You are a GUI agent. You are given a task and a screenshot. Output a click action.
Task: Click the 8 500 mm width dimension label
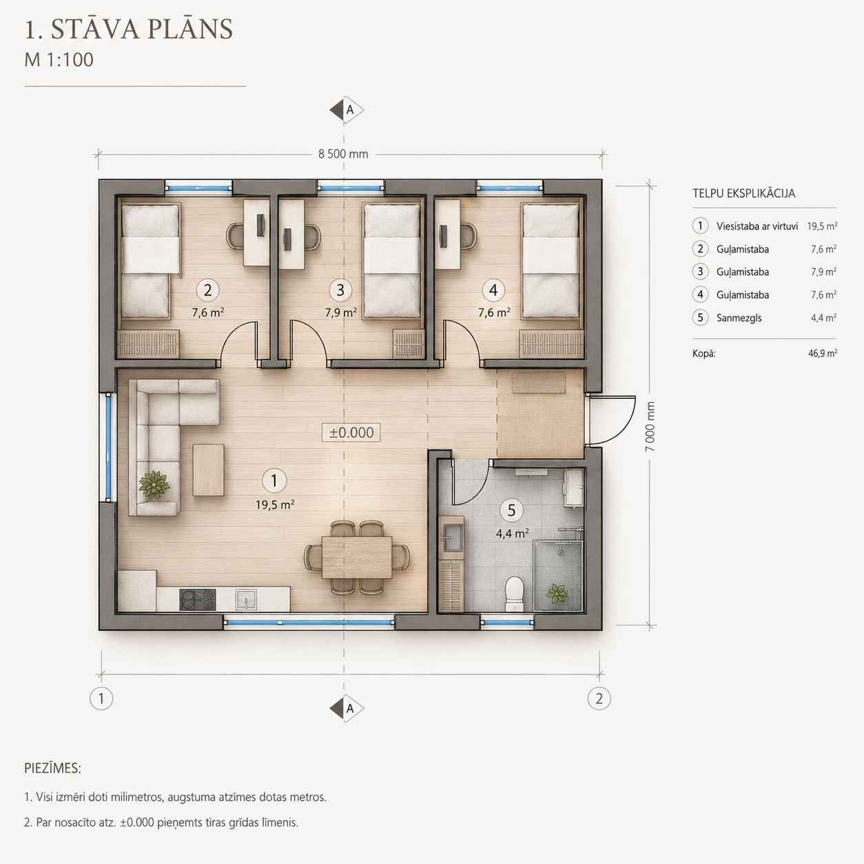coord(343,154)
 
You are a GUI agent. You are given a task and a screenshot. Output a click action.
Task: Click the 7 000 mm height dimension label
coord(650,426)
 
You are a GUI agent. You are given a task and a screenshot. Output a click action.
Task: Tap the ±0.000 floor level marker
coord(351,432)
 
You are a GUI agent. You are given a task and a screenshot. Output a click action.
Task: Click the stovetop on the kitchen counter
coord(197,599)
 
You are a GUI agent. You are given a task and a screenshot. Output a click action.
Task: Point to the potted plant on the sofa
coord(154,484)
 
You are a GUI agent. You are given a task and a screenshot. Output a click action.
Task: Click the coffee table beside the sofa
coord(209,470)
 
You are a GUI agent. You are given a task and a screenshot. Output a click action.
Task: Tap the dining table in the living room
coord(357,557)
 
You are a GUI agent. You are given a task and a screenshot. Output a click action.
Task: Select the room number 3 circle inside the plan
coord(340,290)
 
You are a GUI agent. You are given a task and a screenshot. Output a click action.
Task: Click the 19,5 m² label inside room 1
coord(275,505)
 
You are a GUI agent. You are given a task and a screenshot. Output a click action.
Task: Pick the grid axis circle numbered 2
coord(599,699)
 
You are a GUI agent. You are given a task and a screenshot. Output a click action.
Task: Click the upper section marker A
coord(347,110)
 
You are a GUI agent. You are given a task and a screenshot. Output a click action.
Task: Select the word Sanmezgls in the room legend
coord(739,318)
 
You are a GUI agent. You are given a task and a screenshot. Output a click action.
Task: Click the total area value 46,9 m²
coord(823,353)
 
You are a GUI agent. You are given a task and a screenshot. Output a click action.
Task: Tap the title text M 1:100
coord(59,60)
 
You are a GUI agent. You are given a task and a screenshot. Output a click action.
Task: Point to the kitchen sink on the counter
coord(246,599)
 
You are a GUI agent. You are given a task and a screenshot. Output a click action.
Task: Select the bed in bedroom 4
coord(551,261)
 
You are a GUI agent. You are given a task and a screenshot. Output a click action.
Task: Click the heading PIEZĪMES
coord(52,768)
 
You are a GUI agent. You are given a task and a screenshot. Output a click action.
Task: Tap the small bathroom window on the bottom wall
coord(507,622)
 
